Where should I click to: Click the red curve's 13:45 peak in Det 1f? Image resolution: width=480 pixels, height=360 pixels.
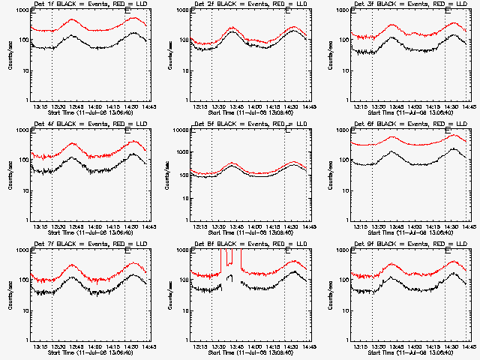tap(72, 19)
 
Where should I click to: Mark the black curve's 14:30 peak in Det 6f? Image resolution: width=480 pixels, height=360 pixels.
tap(453, 148)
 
